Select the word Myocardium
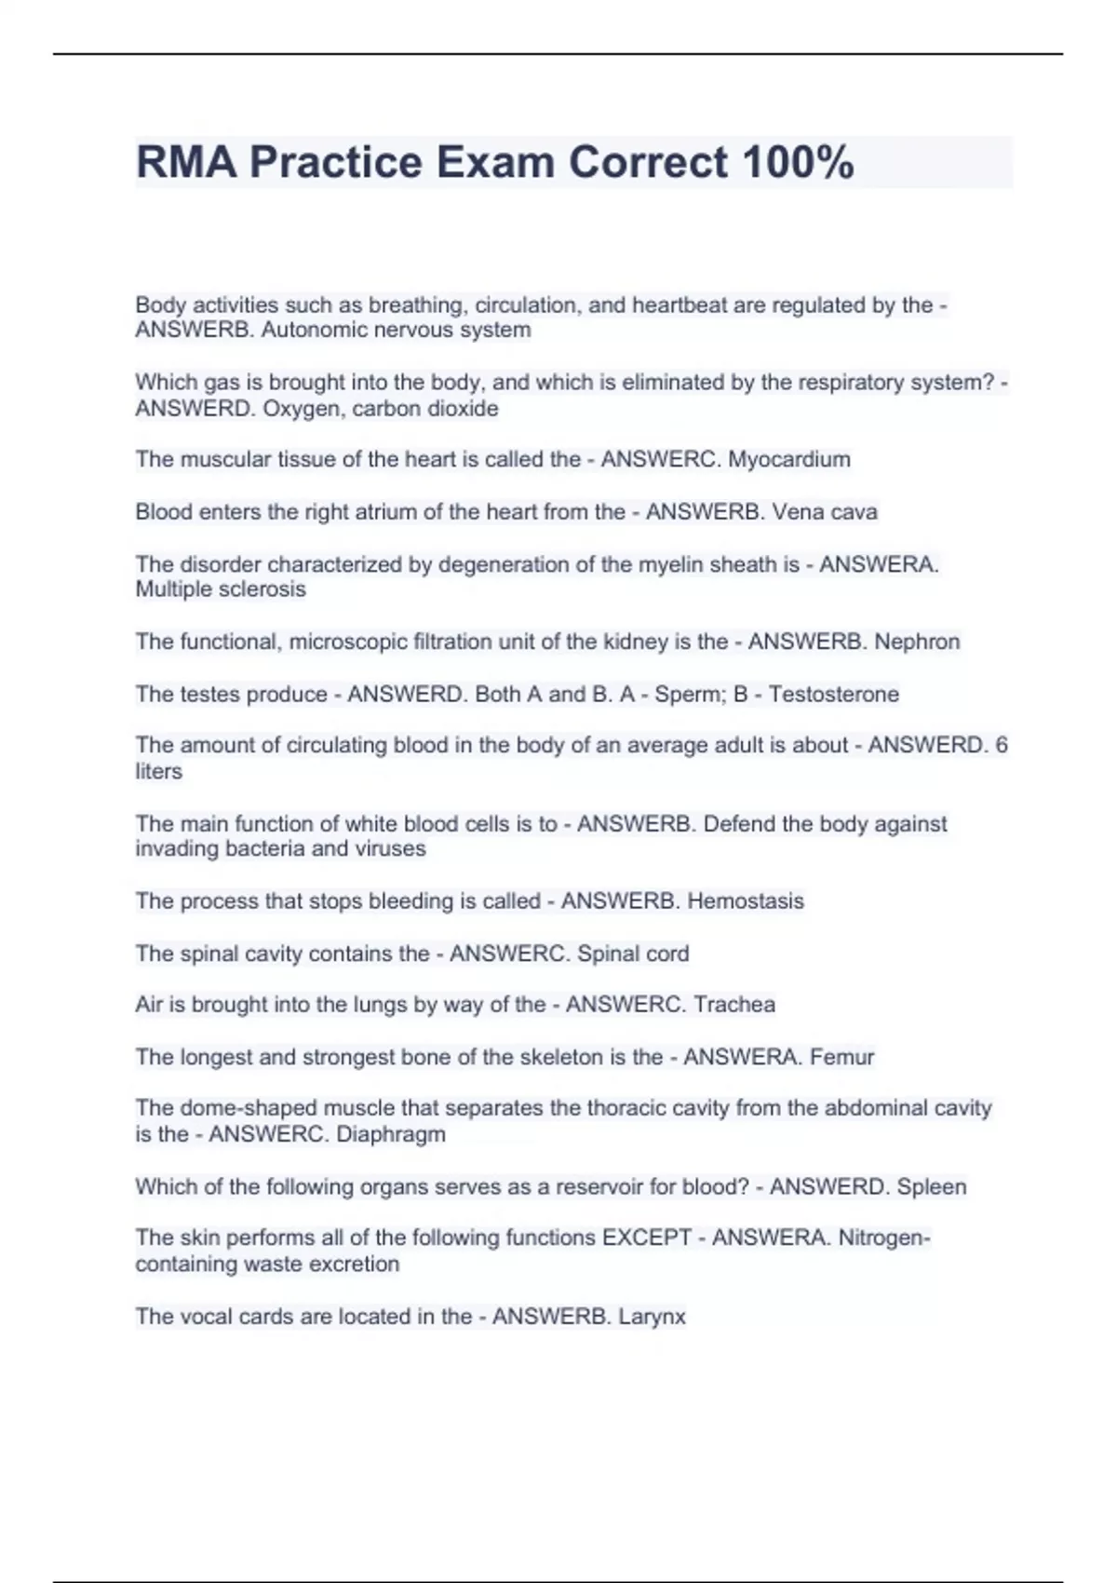788,459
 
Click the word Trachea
734,1004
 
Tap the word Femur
841,1057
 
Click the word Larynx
652,1317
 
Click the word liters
158,771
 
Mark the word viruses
390,848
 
